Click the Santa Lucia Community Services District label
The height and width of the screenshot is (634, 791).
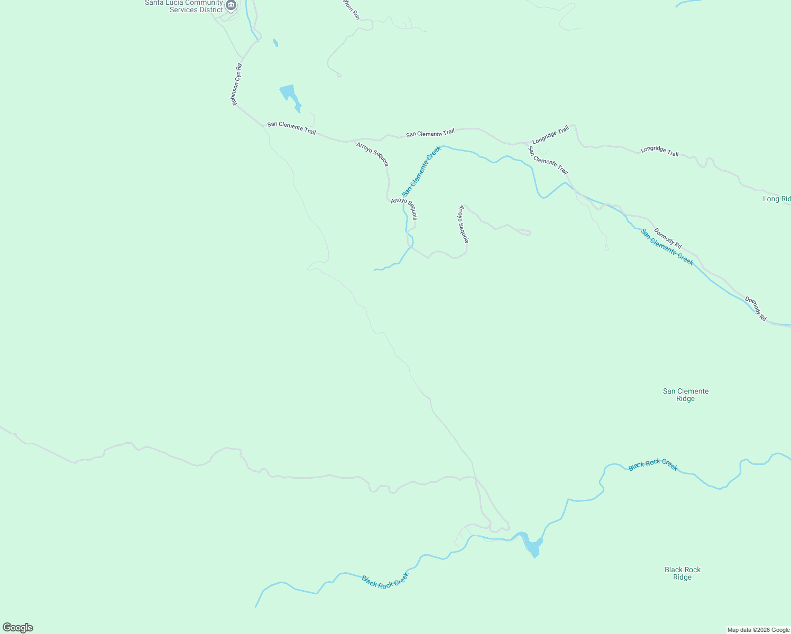pyautogui.click(x=184, y=6)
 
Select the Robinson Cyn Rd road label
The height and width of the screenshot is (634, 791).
pyautogui.click(x=236, y=85)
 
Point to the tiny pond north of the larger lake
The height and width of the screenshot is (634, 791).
pyautogui.click(x=275, y=42)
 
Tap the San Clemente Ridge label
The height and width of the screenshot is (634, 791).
pyautogui.click(x=685, y=395)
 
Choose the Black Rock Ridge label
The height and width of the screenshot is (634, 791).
pyautogui.click(x=682, y=573)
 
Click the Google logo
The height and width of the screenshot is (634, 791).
pyautogui.click(x=18, y=628)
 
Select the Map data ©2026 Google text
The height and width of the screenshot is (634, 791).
pyautogui.click(x=758, y=630)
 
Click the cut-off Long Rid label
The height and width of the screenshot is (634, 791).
pyautogui.click(x=776, y=199)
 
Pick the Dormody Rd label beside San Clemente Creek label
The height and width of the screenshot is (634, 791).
pyautogui.click(x=667, y=238)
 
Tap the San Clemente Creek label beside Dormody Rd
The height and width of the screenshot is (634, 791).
pyautogui.click(x=667, y=247)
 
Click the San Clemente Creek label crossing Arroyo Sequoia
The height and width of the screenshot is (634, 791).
pyautogui.click(x=421, y=171)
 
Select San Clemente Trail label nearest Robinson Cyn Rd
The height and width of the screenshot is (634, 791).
pyautogui.click(x=291, y=128)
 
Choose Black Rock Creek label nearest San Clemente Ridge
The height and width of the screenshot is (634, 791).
pyautogui.click(x=653, y=465)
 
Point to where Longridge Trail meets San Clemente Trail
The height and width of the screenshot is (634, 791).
pyautogui.click(x=526, y=143)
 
